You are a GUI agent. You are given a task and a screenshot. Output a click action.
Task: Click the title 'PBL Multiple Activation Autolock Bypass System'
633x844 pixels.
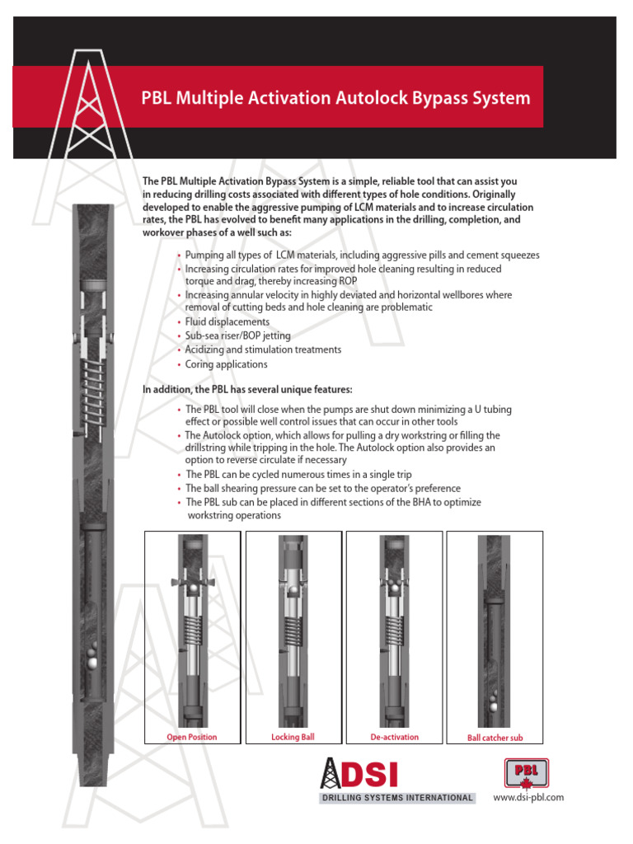point(337,99)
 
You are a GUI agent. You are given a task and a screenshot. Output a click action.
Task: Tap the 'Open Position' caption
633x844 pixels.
point(192,737)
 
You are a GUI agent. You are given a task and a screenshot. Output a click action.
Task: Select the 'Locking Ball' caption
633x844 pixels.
point(293,737)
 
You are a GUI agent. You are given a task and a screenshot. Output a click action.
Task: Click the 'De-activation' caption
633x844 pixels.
point(394,737)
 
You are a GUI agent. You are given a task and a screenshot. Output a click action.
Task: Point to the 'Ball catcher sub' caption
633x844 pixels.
point(495,738)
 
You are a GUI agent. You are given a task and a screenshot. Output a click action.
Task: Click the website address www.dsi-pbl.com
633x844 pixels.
point(527,797)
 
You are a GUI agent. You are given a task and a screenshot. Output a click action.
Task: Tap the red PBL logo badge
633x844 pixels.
point(526,773)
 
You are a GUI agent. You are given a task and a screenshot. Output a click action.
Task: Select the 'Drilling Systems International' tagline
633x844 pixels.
point(396,798)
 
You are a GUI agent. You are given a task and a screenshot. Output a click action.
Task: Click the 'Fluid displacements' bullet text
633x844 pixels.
point(227,321)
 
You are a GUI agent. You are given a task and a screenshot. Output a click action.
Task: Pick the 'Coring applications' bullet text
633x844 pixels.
point(226,363)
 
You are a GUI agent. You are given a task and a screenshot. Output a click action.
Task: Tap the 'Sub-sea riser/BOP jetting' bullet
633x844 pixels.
point(237,335)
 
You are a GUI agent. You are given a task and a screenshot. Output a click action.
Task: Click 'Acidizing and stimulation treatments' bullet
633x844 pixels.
point(263,349)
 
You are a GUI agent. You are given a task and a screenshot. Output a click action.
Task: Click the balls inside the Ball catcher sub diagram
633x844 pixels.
point(494,701)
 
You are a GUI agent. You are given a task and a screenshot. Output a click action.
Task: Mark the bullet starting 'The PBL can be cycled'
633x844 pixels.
point(298,475)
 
